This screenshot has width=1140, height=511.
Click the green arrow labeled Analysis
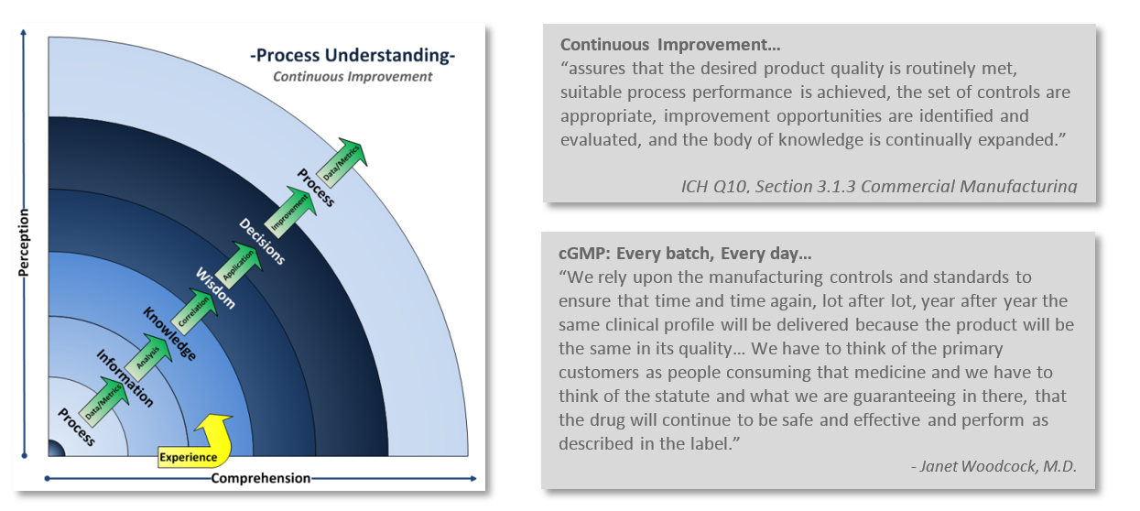click(x=148, y=357)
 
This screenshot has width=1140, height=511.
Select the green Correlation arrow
click(x=194, y=312)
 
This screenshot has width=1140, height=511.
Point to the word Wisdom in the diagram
click(x=216, y=288)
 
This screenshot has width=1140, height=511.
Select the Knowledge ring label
click(x=169, y=334)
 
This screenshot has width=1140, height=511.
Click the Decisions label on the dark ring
click(x=262, y=241)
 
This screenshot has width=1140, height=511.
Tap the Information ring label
click(x=125, y=378)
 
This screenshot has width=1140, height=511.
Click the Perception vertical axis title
click(x=24, y=243)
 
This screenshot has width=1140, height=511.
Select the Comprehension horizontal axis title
click(x=261, y=478)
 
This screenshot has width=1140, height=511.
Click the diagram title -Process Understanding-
click(x=353, y=55)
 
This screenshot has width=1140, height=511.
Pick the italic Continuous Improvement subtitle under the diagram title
click(x=353, y=77)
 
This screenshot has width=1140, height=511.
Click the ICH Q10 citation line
click(x=879, y=186)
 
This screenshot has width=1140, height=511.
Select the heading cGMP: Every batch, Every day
click(x=685, y=253)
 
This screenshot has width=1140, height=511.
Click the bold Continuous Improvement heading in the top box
click(x=670, y=45)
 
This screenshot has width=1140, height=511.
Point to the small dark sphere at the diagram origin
click(x=56, y=448)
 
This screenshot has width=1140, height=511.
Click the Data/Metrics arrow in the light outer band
click(x=342, y=163)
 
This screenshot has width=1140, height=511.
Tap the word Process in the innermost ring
click(x=76, y=427)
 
